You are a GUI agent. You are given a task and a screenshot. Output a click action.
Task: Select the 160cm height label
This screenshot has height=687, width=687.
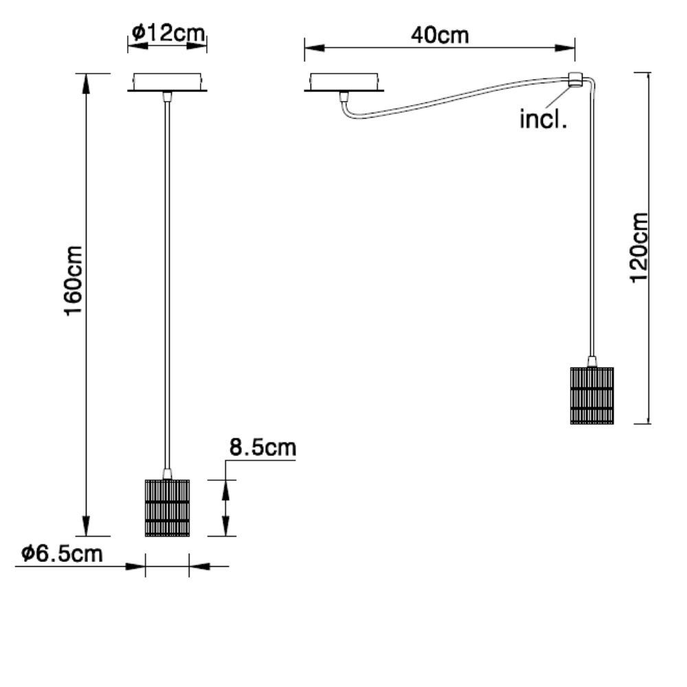coord(74,281)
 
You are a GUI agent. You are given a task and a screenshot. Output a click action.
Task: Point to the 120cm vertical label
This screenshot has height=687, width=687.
coord(639,247)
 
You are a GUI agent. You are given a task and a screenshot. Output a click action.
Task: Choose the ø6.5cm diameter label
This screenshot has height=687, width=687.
coord(62,554)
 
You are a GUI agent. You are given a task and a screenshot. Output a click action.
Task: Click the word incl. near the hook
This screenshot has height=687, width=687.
coord(543,120)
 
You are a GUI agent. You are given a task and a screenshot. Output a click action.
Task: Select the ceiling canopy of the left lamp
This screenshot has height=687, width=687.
coord(167,82)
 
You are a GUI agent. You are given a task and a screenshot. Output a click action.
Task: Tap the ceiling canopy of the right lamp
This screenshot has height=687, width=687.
coord(345,82)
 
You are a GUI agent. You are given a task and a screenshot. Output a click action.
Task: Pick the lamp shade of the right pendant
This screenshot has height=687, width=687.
coord(592,396)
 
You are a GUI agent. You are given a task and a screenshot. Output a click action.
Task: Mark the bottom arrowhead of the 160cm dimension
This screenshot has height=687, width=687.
coord(87,528)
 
